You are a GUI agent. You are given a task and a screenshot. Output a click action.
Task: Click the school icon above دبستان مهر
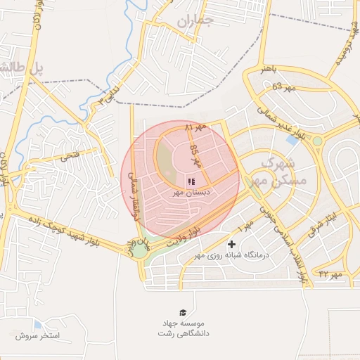(192, 181)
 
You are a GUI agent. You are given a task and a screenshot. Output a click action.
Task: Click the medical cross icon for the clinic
(231, 244)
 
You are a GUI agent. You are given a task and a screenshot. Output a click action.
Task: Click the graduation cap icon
(184, 311)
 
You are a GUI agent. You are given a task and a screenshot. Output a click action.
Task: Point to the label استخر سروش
(37, 336)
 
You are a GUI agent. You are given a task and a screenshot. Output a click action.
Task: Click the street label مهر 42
(329, 273)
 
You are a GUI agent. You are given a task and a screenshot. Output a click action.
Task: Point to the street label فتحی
(70, 157)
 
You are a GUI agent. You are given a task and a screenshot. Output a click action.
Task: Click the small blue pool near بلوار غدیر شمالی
(291, 140)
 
